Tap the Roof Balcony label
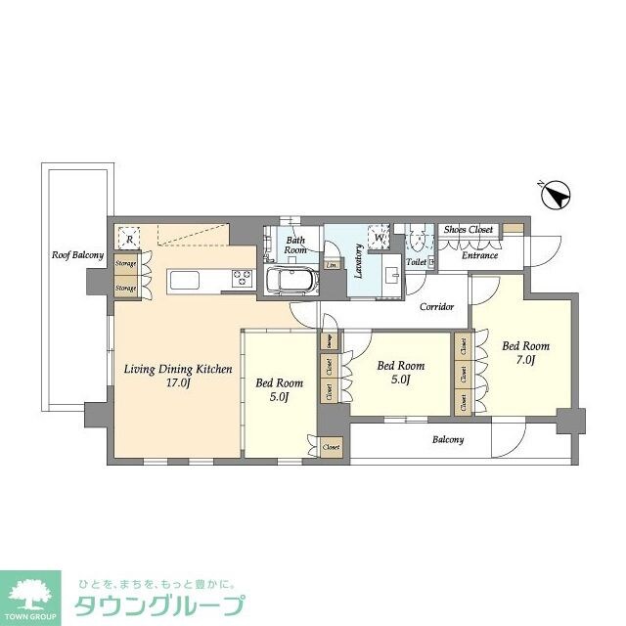click(78, 255)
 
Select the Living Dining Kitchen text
click(177, 369)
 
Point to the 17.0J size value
click(177, 384)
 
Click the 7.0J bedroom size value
click(525, 360)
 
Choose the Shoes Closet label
click(469, 230)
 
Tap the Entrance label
click(480, 255)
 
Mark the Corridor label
click(436, 307)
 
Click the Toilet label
click(416, 262)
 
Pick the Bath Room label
click(295, 245)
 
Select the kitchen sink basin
click(187, 281)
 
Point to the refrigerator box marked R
click(127, 237)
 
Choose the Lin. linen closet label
click(333, 265)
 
